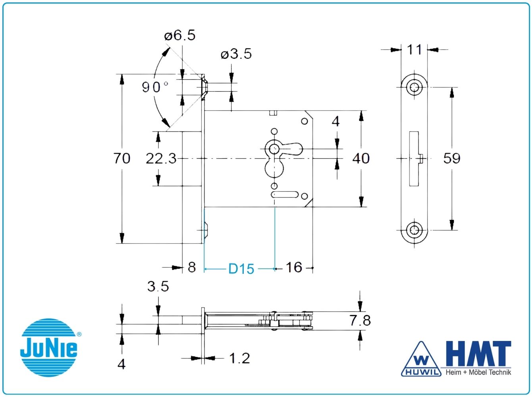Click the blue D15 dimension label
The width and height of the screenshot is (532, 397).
[x=241, y=269]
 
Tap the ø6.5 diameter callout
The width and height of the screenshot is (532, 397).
[x=179, y=35]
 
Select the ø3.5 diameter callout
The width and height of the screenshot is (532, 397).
[x=236, y=54]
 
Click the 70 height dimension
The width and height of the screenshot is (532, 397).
[x=121, y=159]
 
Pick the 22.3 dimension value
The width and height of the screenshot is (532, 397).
[x=161, y=159]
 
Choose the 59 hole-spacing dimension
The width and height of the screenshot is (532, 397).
[x=451, y=159]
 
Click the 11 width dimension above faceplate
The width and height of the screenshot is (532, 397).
[x=414, y=50]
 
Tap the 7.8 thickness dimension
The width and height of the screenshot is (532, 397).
[x=360, y=320]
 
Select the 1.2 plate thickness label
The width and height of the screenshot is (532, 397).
[x=239, y=358]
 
